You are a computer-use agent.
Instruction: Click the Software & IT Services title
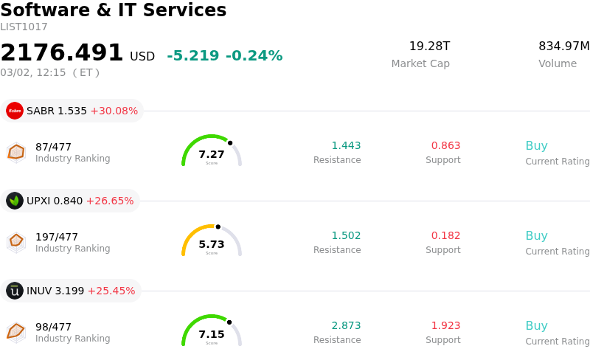tap(114, 11)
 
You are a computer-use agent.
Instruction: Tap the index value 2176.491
tap(62, 53)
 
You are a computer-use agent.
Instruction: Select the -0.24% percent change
tap(254, 56)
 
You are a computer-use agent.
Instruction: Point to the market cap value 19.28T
tap(429, 46)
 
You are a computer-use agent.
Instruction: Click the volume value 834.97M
tap(563, 46)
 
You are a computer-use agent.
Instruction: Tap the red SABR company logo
tap(15, 111)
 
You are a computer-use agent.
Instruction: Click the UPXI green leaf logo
tap(15, 201)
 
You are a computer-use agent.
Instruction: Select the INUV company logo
tap(15, 291)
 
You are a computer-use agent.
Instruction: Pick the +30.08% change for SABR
tap(114, 111)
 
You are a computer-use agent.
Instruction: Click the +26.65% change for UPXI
tap(110, 201)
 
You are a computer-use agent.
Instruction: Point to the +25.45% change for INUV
tap(111, 291)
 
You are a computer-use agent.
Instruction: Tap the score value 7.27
tap(212, 154)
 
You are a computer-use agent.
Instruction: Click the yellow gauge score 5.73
tap(212, 244)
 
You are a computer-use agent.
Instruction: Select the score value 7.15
tap(212, 334)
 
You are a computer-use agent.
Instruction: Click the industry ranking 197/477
tap(57, 237)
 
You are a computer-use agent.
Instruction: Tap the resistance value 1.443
tap(346, 146)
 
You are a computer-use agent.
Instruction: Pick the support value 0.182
tap(445, 236)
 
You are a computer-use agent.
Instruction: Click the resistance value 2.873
tap(346, 326)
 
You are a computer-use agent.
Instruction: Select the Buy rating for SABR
tap(536, 146)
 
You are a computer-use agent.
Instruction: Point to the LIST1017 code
tap(24, 27)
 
